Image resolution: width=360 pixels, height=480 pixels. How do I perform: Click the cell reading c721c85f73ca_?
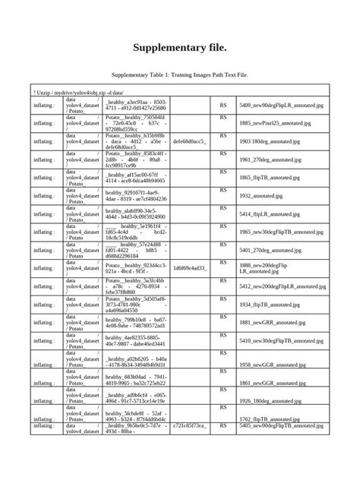point(191,427)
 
